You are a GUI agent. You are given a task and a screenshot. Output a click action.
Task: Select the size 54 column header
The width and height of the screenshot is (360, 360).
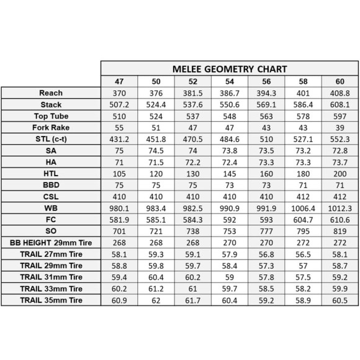pyautogui.click(x=229, y=81)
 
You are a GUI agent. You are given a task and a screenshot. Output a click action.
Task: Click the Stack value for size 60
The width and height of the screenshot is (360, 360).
pyautogui.click(x=340, y=104)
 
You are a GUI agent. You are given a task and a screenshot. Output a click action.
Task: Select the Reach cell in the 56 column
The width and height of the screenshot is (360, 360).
pyautogui.click(x=266, y=92)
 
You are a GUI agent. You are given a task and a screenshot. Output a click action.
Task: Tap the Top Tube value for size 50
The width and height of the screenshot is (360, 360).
pyautogui.click(x=156, y=115)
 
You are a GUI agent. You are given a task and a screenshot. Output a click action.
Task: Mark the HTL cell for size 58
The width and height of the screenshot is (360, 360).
pyautogui.click(x=304, y=173)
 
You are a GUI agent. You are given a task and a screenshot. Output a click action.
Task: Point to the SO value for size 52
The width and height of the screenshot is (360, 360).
pyautogui.click(x=192, y=231)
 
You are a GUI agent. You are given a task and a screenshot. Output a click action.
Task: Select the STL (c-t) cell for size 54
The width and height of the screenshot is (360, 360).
pyautogui.click(x=229, y=138)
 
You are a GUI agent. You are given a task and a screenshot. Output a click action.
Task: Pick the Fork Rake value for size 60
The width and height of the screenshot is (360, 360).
pyautogui.click(x=340, y=127)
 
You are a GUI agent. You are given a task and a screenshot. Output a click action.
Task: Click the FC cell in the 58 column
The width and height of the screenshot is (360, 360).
pyautogui.click(x=304, y=219)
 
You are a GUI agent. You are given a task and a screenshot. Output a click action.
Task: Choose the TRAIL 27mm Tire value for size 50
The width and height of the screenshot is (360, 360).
pyautogui.click(x=156, y=254)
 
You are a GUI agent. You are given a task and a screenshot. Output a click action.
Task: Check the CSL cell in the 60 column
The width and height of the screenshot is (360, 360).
pyautogui.click(x=340, y=196)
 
